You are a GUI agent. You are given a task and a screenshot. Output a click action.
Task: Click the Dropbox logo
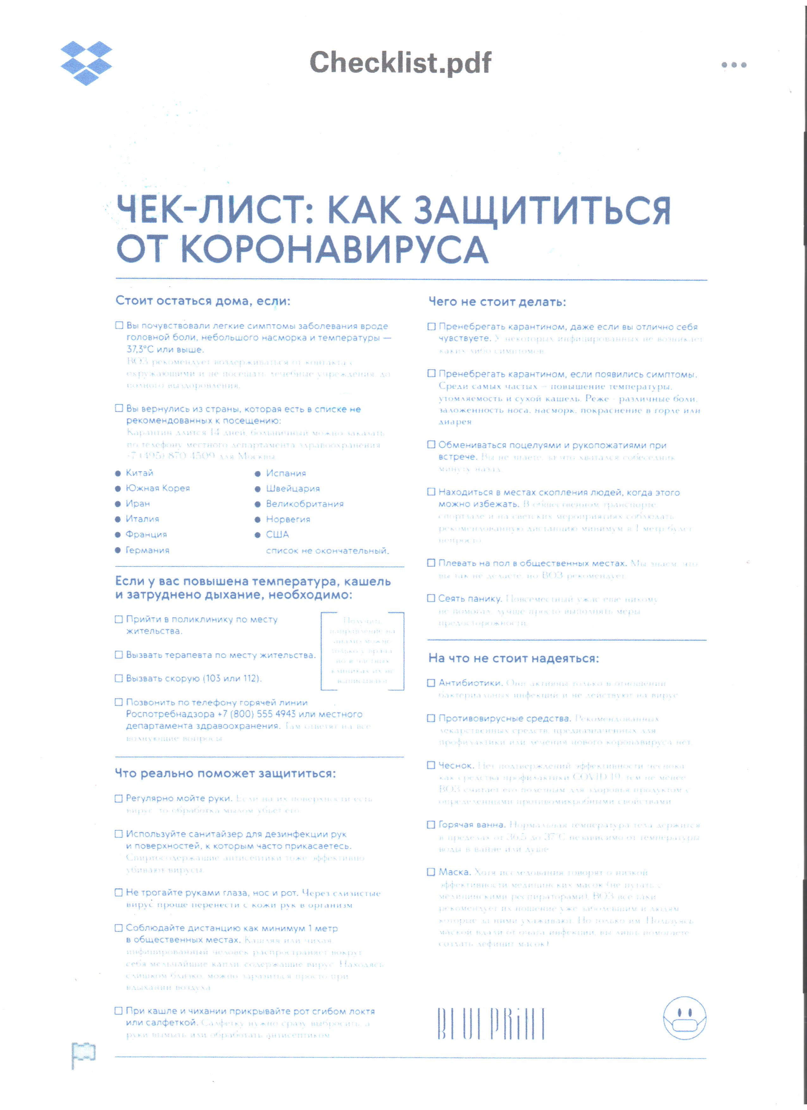tap(86, 63)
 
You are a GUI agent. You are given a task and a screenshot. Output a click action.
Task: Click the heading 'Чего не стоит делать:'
tap(497, 302)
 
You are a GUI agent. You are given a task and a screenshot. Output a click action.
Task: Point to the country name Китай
tap(140, 473)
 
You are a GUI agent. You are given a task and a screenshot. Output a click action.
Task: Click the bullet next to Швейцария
tap(257, 489)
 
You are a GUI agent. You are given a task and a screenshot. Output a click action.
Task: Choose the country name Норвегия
tap(288, 519)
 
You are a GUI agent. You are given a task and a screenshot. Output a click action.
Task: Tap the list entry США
tap(277, 534)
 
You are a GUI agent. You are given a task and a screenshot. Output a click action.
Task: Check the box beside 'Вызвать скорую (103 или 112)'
tap(118, 678)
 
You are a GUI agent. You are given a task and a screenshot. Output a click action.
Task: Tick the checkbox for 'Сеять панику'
tap(431, 598)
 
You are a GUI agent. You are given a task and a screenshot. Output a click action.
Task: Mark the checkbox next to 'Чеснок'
tap(431, 765)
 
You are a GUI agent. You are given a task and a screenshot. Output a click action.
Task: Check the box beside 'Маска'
tap(431, 872)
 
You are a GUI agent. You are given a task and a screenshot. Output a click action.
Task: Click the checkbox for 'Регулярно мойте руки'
tap(118, 799)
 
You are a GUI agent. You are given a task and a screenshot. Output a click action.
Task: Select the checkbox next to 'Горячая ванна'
tap(431, 825)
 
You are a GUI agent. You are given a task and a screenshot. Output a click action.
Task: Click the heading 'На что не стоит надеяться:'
tap(513, 658)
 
